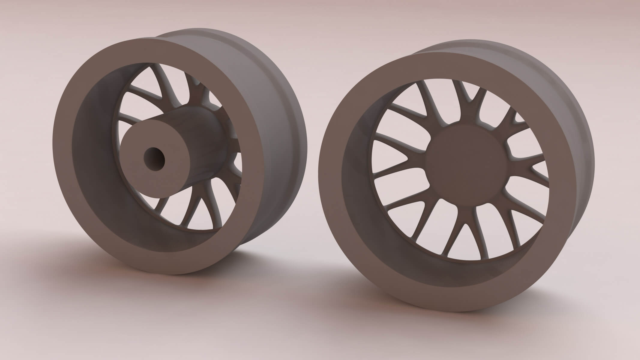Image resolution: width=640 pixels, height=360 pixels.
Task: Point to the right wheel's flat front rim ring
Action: pyautogui.click(x=342, y=195)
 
